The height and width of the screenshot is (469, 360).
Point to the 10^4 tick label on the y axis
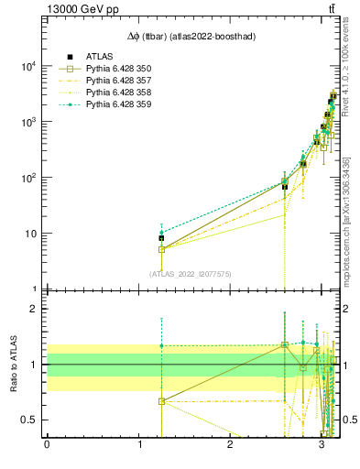[x=27, y=66]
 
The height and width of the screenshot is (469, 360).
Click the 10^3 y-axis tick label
[x=27, y=122]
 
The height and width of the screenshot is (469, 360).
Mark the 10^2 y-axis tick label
[x=27, y=178]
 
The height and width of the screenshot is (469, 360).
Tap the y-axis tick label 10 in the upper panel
[x=30, y=234]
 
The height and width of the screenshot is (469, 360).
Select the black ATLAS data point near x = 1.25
[x=161, y=238]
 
